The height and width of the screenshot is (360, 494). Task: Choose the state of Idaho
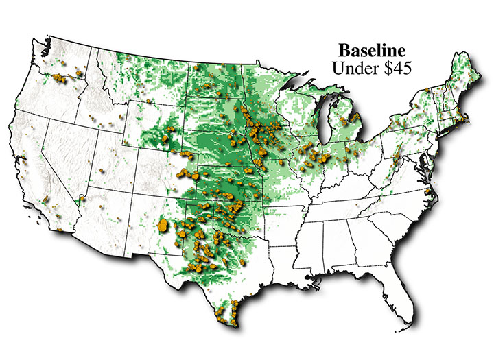tap(96, 103)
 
